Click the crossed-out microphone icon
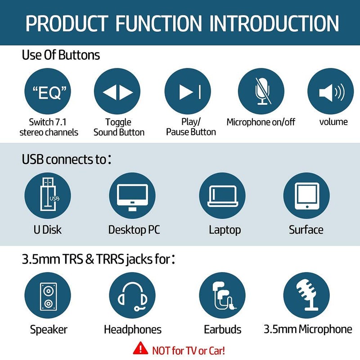point(261,92)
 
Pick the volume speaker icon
point(330,92)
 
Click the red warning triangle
point(141,348)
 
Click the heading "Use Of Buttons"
point(61,55)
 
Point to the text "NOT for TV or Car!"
point(189,350)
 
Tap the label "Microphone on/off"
point(261,122)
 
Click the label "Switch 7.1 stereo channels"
point(49,127)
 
